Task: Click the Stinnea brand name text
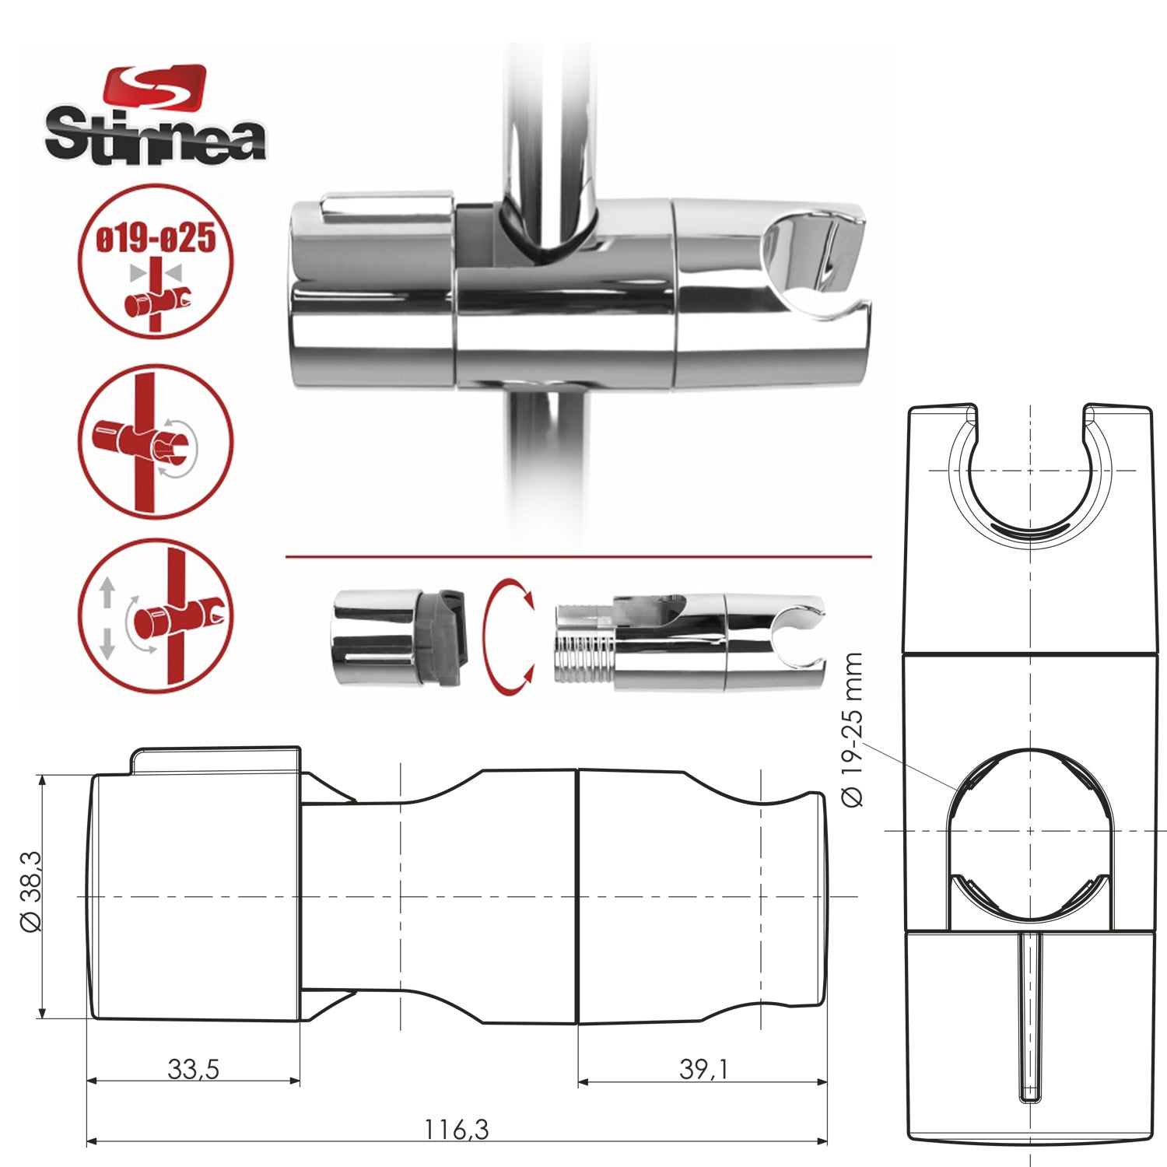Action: (x=155, y=137)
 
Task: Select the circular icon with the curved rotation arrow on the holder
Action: (x=156, y=442)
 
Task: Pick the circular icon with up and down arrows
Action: (x=156, y=617)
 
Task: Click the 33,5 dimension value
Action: (x=193, y=1069)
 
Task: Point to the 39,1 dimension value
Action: (x=703, y=1069)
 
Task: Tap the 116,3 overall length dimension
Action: (x=456, y=1129)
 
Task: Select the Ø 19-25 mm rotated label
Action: (x=853, y=730)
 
